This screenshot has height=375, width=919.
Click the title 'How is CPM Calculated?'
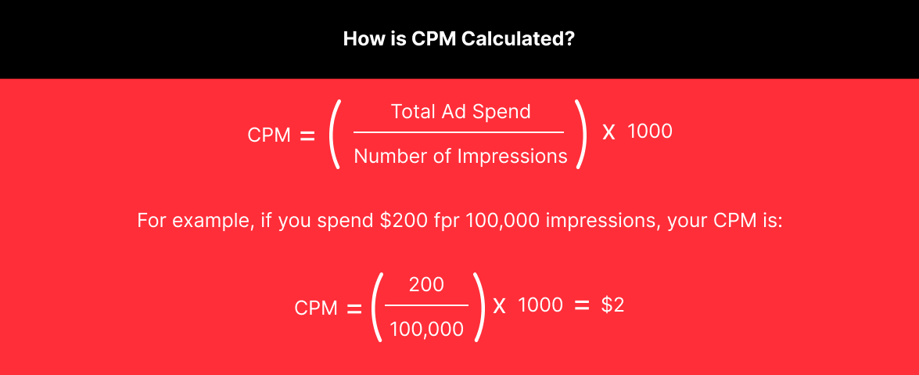pyautogui.click(x=459, y=39)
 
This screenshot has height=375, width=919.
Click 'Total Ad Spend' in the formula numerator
pyautogui.click(x=461, y=111)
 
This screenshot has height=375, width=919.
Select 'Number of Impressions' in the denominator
pyautogui.click(x=461, y=156)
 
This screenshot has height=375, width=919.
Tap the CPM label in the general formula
pyautogui.click(x=269, y=135)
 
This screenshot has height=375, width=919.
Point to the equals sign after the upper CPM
pyautogui.click(x=307, y=136)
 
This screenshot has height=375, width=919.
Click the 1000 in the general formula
pyautogui.click(x=649, y=131)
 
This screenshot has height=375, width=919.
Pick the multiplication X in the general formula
pyautogui.click(x=609, y=132)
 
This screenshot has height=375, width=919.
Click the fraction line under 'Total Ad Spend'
pyautogui.click(x=459, y=132)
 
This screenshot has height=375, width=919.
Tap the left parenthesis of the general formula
pyautogui.click(x=335, y=135)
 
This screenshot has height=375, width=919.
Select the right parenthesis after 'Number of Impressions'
pyautogui.click(x=581, y=135)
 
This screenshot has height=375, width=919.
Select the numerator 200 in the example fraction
pyautogui.click(x=426, y=285)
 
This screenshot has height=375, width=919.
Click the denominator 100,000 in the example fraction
pyautogui.click(x=427, y=330)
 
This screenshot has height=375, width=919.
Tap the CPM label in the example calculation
pyautogui.click(x=316, y=308)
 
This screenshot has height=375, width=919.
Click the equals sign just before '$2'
pyautogui.click(x=581, y=305)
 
